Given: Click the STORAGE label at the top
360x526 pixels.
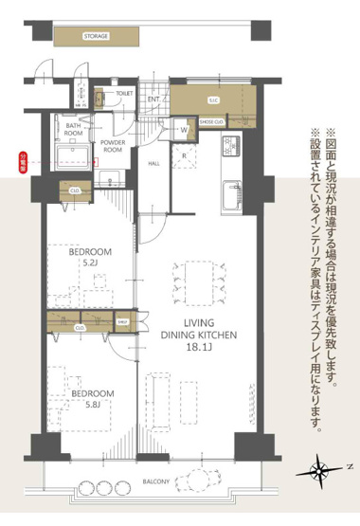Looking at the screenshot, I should pos(95,36).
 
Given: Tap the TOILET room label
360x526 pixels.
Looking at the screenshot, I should pos(124,94).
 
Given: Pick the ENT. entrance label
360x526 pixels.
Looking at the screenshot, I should pos(153,99).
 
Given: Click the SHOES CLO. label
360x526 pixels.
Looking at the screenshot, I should pos(212,122).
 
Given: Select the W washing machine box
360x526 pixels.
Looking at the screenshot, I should pos(184,129).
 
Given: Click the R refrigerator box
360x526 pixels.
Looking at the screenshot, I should pos(185,155).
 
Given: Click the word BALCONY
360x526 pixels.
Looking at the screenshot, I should pos(156,482).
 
